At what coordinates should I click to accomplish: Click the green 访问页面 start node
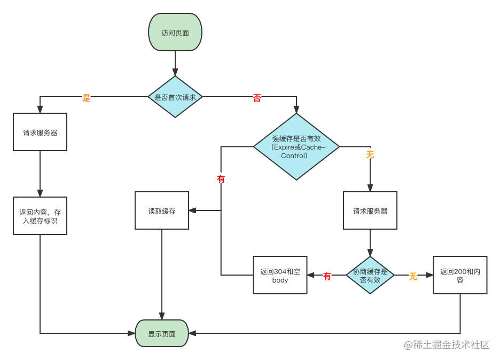coord(175,33)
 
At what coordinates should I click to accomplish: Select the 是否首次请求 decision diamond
coord(175,97)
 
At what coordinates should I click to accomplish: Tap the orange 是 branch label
coord(86,97)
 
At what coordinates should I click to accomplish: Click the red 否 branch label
coord(257,97)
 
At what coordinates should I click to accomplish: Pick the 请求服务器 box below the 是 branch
coord(40,132)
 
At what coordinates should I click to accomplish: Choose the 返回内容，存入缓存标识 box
coord(40,216)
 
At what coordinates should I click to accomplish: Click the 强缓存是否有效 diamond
coord(296,146)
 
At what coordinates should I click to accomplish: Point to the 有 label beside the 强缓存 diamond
coord(221,178)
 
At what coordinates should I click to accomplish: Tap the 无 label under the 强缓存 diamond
coord(370,154)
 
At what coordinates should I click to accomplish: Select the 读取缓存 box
coord(162,211)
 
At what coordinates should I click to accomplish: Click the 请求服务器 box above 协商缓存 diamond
coord(370,211)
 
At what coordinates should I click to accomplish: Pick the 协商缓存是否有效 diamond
coord(370,275)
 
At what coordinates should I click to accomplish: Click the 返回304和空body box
coord(280,275)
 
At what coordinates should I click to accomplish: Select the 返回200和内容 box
coord(460,275)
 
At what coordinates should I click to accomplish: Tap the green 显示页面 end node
coord(162,334)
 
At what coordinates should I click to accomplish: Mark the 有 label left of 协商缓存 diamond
coord(327,276)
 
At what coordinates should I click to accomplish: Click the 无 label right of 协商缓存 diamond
coord(413,276)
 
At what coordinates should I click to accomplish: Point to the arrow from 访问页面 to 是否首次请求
coord(175,64)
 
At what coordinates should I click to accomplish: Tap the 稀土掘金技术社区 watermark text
coord(446,343)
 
